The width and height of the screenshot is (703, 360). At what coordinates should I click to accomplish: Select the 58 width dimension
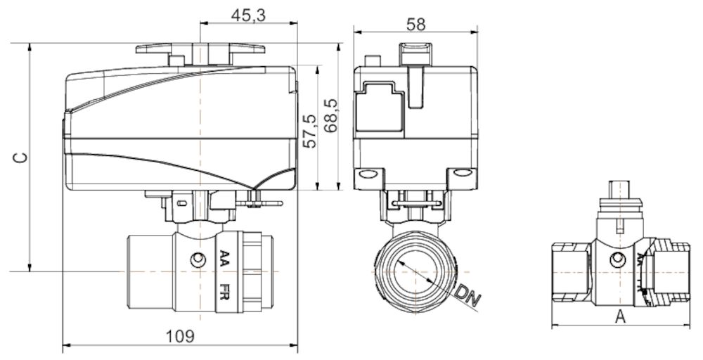tap(415, 23)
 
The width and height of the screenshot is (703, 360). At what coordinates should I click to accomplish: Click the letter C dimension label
tap(21, 157)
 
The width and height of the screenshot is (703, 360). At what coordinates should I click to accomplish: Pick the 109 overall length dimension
tap(181, 336)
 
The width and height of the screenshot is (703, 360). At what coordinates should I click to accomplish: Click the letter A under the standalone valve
tap(620, 316)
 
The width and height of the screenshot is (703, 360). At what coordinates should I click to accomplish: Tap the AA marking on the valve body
tap(224, 259)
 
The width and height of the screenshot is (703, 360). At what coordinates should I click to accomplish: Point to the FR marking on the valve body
tap(224, 290)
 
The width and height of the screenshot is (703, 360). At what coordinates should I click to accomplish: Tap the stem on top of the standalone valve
tap(619, 191)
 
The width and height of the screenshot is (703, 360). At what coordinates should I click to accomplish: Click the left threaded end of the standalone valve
tap(569, 274)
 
